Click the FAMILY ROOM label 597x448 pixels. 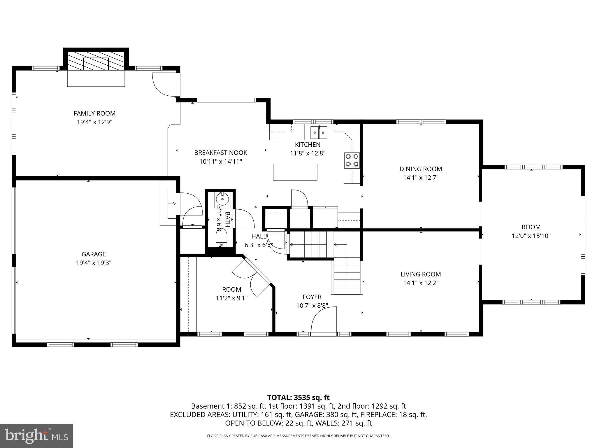(x=94, y=113)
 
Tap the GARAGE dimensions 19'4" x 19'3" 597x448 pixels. (x=94, y=263)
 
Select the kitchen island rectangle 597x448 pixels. (x=295, y=172)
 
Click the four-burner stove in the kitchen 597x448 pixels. (x=352, y=160)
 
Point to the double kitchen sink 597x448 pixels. (x=319, y=133)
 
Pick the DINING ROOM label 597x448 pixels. (x=421, y=169)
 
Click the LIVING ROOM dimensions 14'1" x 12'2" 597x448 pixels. (x=421, y=283)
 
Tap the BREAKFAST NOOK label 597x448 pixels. (x=221, y=153)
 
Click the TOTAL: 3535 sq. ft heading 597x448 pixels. (x=298, y=397)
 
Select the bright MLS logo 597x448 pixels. (x=36, y=436)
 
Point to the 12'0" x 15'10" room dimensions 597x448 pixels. (x=531, y=236)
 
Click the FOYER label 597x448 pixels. (x=312, y=297)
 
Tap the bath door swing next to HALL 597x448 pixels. (x=244, y=219)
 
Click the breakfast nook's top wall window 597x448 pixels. (x=226, y=100)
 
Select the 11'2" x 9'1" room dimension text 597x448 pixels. (x=231, y=298)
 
